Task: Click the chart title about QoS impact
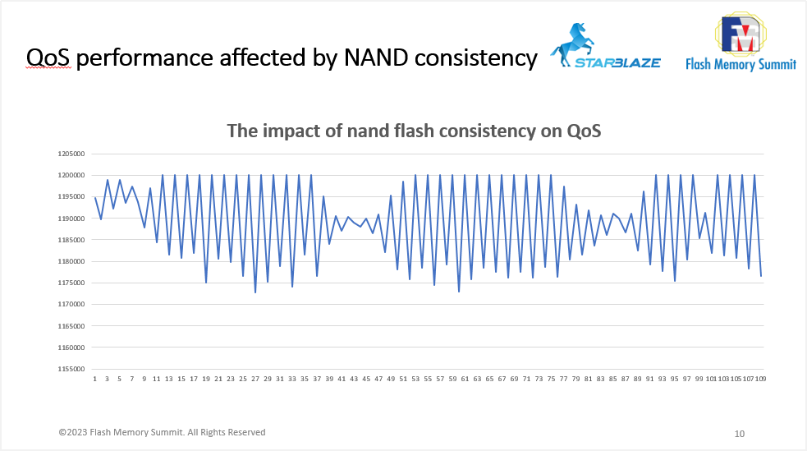(x=414, y=131)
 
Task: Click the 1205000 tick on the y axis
(x=72, y=154)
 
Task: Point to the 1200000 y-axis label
(x=72, y=175)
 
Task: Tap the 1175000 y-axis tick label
(x=72, y=283)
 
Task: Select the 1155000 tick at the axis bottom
(x=72, y=369)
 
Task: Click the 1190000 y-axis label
(x=72, y=219)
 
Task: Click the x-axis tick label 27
(x=255, y=380)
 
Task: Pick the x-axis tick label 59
(x=452, y=380)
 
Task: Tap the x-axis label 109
(x=760, y=380)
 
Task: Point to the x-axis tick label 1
(x=95, y=380)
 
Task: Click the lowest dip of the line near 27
(x=255, y=292)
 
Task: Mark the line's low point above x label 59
(x=459, y=292)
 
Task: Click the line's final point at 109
(x=761, y=275)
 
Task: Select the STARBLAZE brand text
(x=617, y=62)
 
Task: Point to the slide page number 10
(x=739, y=433)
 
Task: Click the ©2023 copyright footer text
(x=162, y=432)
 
